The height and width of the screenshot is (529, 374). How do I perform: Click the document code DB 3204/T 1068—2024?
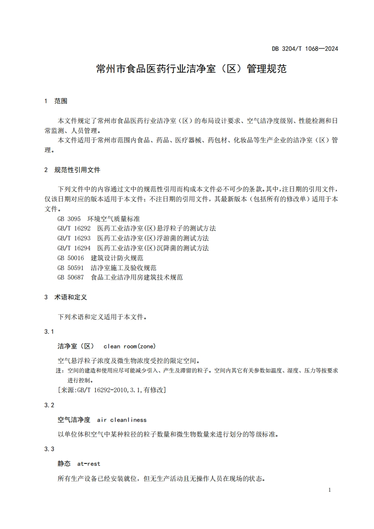[x=305, y=49]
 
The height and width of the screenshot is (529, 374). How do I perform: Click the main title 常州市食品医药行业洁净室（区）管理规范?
[x=191, y=69]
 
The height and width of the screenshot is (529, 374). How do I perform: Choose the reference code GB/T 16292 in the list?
[x=74, y=229]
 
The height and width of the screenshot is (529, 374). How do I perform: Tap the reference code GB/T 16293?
[x=74, y=239]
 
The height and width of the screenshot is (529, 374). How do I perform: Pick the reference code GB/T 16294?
[x=74, y=248]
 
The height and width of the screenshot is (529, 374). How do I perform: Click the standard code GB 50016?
[x=71, y=258]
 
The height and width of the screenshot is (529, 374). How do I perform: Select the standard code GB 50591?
[x=71, y=268]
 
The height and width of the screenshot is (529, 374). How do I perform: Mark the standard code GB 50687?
[x=71, y=278]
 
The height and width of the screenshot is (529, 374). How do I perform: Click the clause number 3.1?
[x=50, y=332]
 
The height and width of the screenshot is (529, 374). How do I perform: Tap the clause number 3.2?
[x=50, y=405]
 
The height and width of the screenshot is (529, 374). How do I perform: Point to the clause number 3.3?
[x=50, y=449]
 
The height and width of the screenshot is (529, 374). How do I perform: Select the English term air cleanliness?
[x=122, y=420]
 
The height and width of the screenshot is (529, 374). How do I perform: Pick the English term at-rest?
[x=89, y=464]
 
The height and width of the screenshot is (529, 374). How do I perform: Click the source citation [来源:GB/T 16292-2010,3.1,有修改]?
[x=111, y=390]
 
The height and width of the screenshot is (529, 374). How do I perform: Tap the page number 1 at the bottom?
[x=329, y=490]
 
